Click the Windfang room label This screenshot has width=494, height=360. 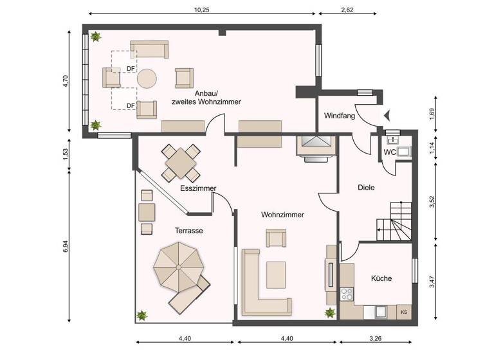(339, 116)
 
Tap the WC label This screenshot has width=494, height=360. (389, 152)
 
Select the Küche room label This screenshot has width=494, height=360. (381, 278)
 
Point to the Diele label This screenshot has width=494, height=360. (366, 187)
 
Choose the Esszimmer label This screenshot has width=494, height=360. (198, 188)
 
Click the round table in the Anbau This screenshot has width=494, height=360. (147, 78)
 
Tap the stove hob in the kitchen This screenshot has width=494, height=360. (347, 294)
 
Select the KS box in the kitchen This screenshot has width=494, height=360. (404, 312)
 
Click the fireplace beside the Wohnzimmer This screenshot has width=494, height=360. (315, 148)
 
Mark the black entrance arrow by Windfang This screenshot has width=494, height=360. (386, 116)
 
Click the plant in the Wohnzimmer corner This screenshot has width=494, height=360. (330, 312)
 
